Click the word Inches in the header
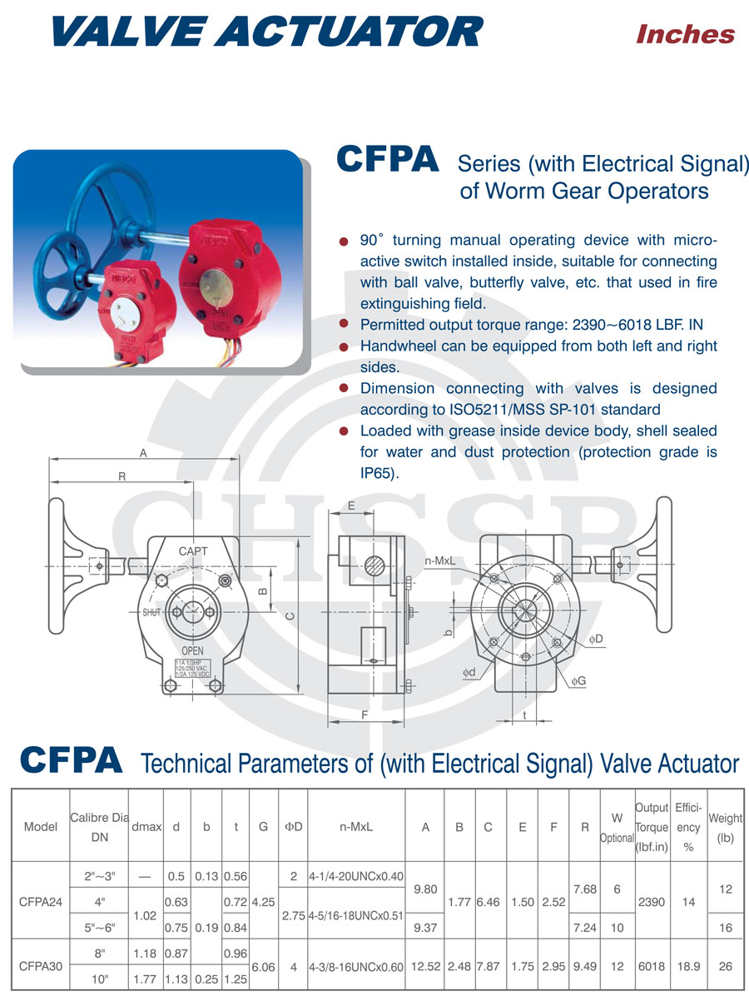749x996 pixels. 685,34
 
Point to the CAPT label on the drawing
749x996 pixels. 193,551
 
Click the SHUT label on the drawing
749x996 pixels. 151,612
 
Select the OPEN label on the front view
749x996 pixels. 193,650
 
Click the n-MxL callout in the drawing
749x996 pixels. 439,561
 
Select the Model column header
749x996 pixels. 41,827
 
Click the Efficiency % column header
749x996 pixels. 688,828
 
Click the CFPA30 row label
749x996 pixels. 41,967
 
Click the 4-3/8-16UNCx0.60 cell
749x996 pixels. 356,967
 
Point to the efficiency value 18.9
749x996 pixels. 688,967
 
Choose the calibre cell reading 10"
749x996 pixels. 101,979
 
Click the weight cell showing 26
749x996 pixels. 726,967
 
